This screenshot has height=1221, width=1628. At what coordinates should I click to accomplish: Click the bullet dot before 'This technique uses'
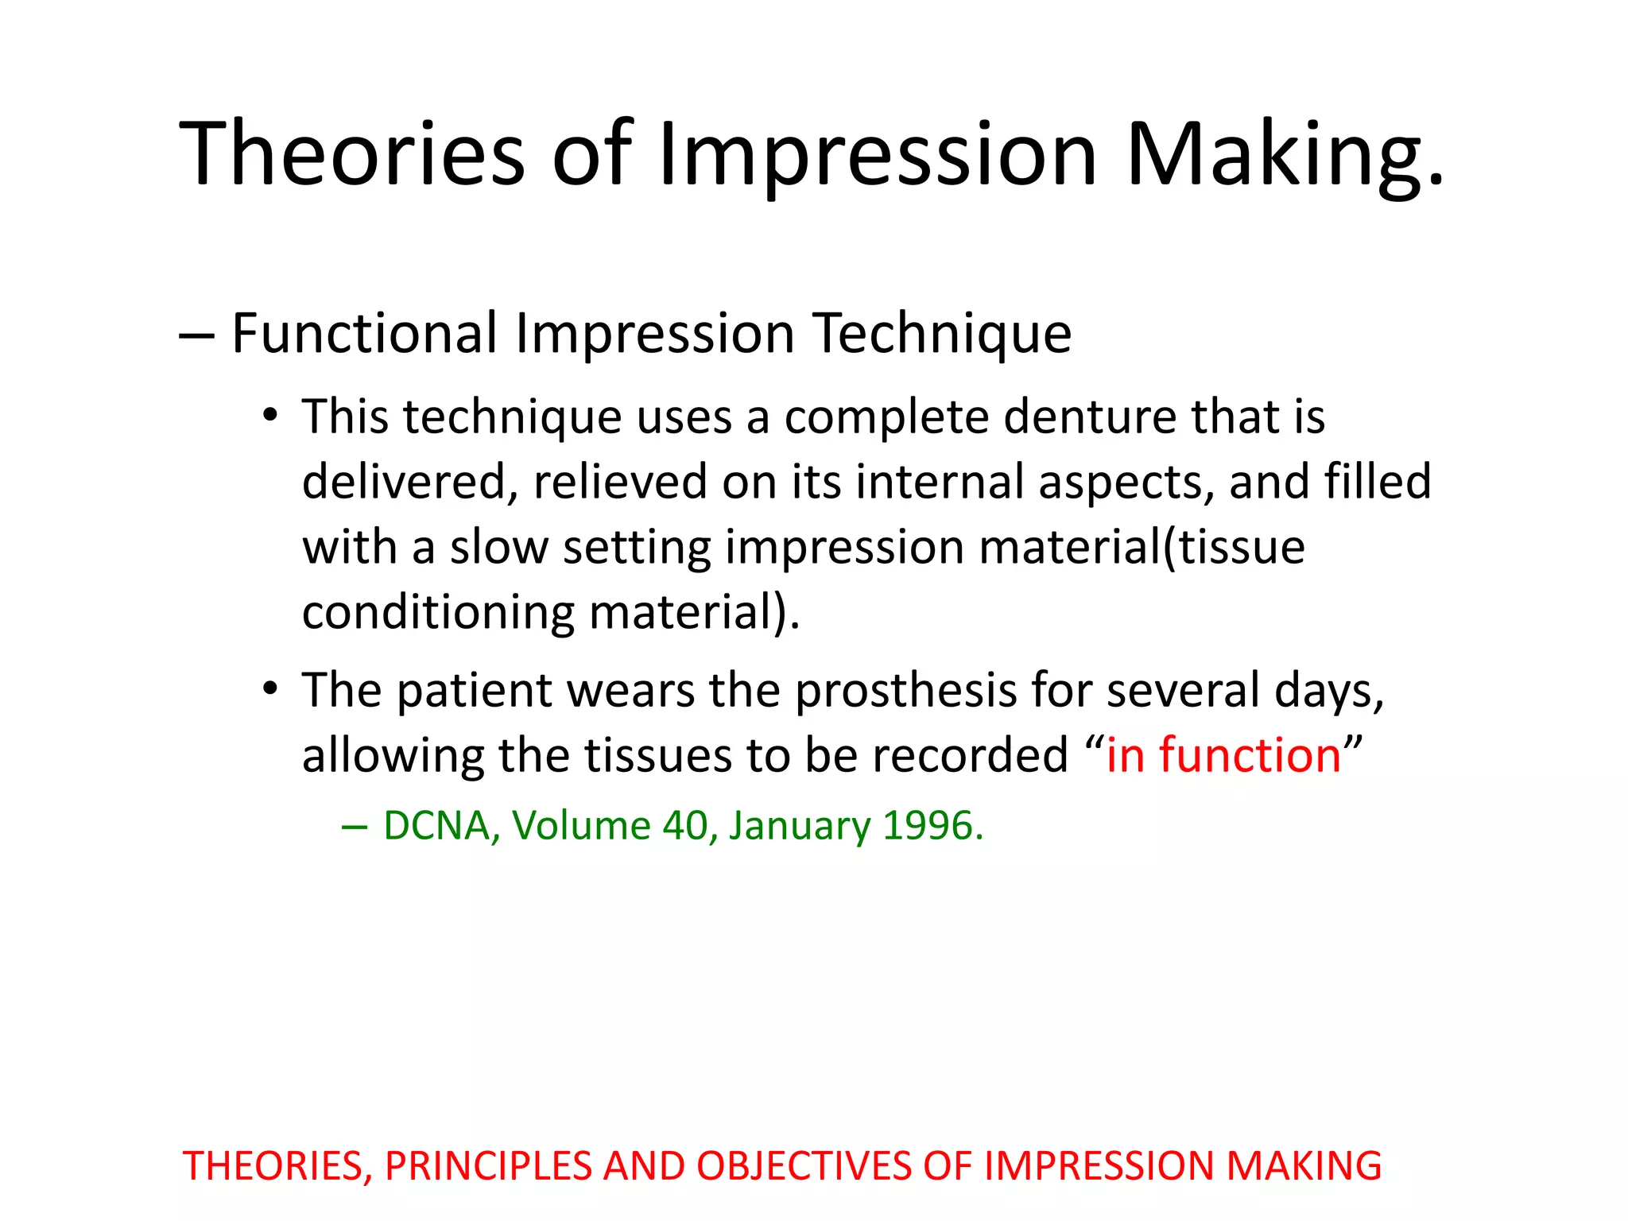pos(271,415)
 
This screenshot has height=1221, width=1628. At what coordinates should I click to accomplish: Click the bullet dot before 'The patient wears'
pos(271,688)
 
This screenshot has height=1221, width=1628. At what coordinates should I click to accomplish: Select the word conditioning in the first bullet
pos(438,613)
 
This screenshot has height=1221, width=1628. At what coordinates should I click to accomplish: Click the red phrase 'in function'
pos(1223,754)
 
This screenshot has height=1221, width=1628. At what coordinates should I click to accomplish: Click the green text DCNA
pos(436,826)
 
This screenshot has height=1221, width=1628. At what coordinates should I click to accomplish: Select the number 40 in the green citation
pos(684,826)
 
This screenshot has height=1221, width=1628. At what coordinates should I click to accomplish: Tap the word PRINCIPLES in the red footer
pos(488,1166)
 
